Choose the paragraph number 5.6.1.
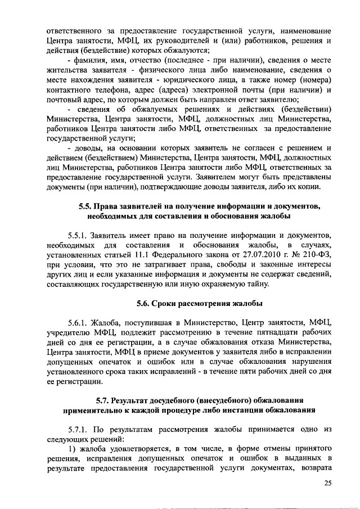[79, 322]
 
